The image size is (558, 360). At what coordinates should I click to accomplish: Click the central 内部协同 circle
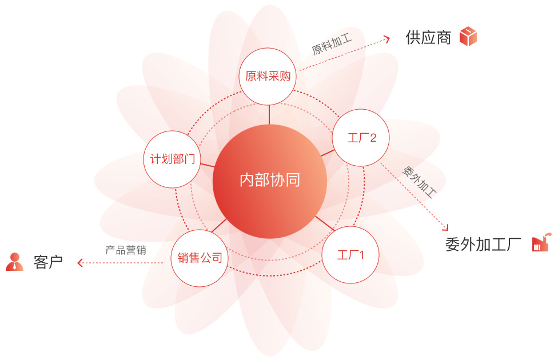pyautogui.click(x=270, y=181)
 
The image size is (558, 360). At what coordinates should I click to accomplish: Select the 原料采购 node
pyautogui.click(x=268, y=77)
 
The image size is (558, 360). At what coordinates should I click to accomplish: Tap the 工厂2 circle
pyautogui.click(x=361, y=138)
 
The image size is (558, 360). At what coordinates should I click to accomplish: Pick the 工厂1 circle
pyautogui.click(x=350, y=255)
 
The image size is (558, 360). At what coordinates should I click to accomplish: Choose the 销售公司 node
pyautogui.click(x=200, y=258)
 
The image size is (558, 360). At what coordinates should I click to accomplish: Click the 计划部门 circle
pyautogui.click(x=172, y=159)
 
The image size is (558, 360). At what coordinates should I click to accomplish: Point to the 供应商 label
pyautogui.click(x=428, y=37)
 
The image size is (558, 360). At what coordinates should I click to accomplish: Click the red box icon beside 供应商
pyautogui.click(x=468, y=36)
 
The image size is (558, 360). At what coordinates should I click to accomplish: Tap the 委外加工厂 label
pyautogui.click(x=483, y=245)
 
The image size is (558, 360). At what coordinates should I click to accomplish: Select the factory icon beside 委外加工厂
pyautogui.click(x=541, y=242)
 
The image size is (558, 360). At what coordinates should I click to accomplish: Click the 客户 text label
pyautogui.click(x=48, y=262)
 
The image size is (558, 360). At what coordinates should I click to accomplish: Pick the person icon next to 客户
pyautogui.click(x=15, y=262)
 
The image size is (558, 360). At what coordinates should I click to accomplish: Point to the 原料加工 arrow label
pyautogui.click(x=332, y=44)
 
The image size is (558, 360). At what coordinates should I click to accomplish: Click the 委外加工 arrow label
pyautogui.click(x=420, y=182)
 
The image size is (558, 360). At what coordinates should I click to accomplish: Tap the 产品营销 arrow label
pyautogui.click(x=126, y=250)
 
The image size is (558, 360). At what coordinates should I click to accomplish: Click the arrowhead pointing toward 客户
pyautogui.click(x=79, y=263)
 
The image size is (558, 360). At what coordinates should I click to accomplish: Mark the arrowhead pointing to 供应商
pyautogui.click(x=387, y=39)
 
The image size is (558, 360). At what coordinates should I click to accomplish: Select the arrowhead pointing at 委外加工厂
pyautogui.click(x=446, y=227)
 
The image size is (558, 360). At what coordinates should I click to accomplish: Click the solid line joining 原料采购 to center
pyautogui.click(x=269, y=114)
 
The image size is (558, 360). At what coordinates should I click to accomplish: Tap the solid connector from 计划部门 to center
pyautogui.click(x=208, y=165)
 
